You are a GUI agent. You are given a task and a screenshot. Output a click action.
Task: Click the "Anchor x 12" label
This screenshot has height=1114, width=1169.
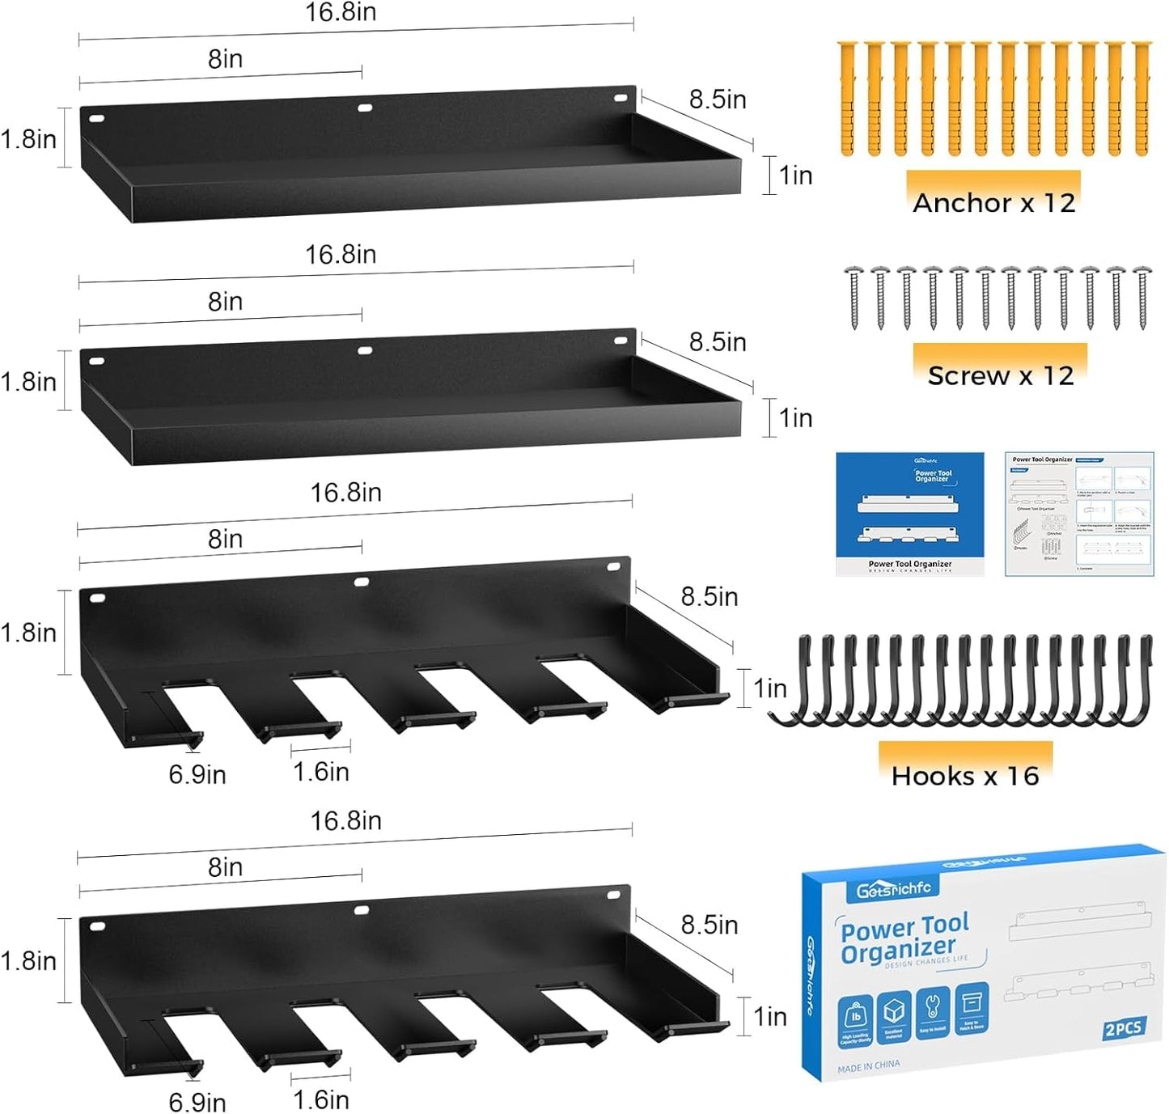[993, 202]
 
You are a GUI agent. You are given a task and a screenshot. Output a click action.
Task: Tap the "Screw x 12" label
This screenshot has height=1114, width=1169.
[1000, 375]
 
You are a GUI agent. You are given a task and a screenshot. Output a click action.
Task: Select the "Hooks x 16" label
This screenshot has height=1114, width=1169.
[965, 776]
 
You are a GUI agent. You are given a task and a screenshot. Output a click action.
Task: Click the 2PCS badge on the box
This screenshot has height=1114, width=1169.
[1124, 1028]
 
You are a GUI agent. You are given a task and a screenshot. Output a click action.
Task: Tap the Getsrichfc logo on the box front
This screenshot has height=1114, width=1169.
[893, 889]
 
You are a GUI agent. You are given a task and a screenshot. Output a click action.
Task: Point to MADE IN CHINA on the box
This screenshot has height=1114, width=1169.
[868, 1066]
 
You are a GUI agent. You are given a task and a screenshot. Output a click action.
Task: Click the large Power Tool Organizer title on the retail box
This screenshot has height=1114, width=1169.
[904, 938]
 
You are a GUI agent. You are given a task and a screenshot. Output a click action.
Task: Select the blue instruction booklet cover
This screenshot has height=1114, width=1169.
[910, 514]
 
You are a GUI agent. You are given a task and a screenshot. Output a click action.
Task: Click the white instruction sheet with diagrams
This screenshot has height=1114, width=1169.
[1079, 514]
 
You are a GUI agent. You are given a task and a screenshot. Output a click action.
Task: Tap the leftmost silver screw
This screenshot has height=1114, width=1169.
[854, 297]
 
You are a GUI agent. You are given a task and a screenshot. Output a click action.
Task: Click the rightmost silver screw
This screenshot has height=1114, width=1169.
[1142, 297]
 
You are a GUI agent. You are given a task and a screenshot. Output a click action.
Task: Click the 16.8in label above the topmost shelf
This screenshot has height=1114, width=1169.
[341, 12]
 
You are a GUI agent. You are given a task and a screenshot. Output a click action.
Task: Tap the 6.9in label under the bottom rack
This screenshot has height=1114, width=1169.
[197, 1102]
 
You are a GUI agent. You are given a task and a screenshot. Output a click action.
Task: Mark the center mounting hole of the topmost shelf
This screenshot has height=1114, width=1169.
[365, 107]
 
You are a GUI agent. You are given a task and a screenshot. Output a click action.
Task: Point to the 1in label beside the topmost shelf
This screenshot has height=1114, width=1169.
[795, 175]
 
